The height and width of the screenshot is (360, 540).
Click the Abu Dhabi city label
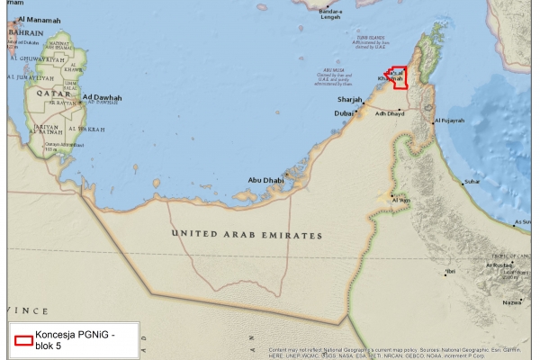[x=266, y=180]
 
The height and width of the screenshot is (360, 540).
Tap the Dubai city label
[x=345, y=113]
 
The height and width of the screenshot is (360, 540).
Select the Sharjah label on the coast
[x=349, y=99]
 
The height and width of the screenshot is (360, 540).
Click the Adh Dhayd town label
[x=392, y=114]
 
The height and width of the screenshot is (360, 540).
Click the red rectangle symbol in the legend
[x=22, y=340]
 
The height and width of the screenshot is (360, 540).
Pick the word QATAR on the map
[x=52, y=93]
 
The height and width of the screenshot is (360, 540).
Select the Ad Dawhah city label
[x=102, y=97]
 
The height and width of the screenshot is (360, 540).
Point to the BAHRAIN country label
[x=26, y=32]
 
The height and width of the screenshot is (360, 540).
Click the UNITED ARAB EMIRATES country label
[x=247, y=235]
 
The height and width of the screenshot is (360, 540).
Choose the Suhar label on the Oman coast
[x=472, y=183]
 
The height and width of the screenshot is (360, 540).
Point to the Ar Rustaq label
[x=499, y=265]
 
